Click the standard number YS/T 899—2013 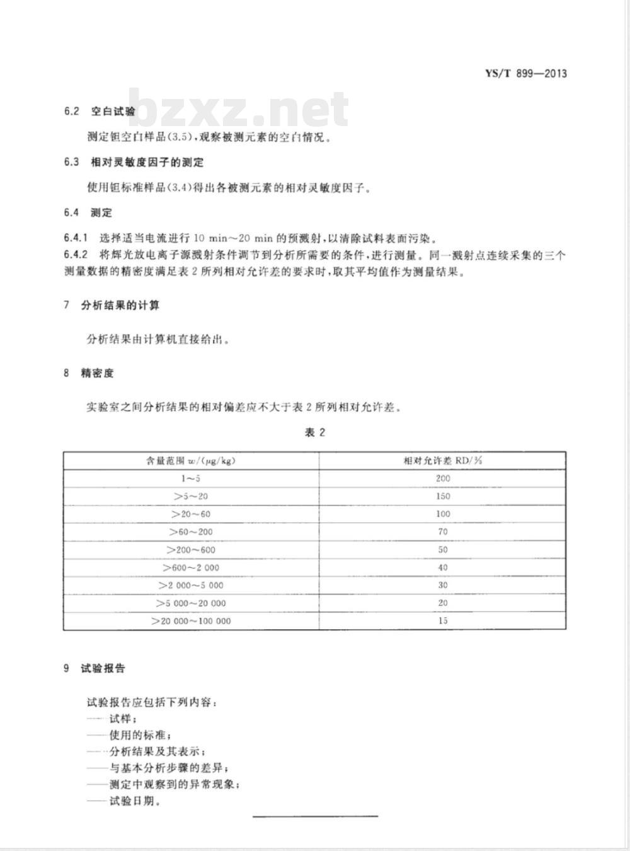[525, 74]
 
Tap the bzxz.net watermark [239, 109]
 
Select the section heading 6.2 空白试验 [100, 112]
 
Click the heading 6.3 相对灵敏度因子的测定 [134, 162]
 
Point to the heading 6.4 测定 [88, 212]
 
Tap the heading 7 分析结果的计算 [112, 306]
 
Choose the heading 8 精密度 [88, 373]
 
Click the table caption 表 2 [314, 432]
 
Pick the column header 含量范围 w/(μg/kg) [190, 461]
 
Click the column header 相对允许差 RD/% [442, 461]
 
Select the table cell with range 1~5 [190, 478]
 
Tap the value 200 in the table [442, 478]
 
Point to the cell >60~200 [190, 532]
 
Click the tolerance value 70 [442, 532]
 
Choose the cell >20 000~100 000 [190, 621]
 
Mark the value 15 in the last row [442, 621]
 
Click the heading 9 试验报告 [94, 668]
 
